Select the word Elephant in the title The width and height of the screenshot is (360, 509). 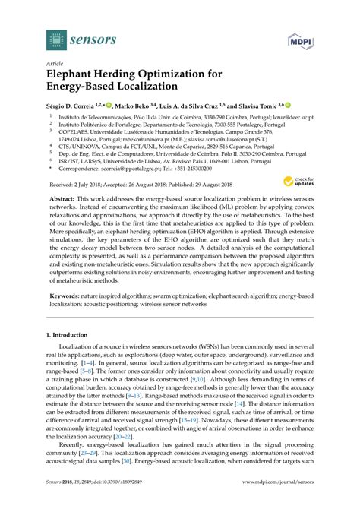[x=80, y=76]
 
